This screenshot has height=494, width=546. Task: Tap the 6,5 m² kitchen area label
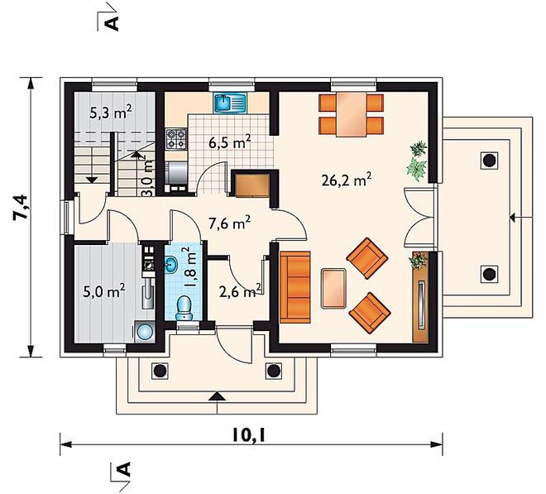[230, 141]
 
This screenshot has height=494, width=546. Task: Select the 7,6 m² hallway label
[229, 223]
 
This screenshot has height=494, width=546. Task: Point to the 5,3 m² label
[110, 112]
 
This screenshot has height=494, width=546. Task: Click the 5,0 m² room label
[104, 290]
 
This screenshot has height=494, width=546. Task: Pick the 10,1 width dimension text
[249, 434]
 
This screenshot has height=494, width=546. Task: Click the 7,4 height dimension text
[20, 208]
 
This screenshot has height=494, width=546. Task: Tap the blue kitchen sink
[230, 103]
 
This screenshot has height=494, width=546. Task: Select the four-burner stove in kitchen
[176, 138]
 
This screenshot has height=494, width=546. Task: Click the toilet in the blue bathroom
[184, 308]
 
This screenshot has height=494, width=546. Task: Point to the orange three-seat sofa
[295, 287]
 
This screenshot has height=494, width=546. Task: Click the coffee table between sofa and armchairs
[334, 288]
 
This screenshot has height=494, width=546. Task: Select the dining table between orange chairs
[352, 115]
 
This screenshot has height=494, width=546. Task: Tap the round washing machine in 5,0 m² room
[145, 331]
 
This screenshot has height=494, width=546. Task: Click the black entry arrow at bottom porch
[217, 396]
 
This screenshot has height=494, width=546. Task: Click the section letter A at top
[113, 24]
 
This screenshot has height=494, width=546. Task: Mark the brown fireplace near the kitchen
[252, 185]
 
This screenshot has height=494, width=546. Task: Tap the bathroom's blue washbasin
[171, 265]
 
